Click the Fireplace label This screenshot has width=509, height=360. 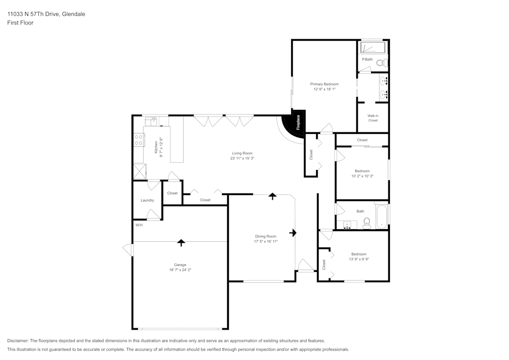298,123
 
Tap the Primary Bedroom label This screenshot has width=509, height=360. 324,84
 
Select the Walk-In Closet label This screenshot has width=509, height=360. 373,118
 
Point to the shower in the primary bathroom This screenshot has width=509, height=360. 373,48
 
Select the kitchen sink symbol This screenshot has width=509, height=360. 151,121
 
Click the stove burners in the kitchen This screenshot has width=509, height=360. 138,140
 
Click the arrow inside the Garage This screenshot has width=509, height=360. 181,242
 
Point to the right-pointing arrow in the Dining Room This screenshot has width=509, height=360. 293,233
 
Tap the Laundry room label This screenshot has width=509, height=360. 147,200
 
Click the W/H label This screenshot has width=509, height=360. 138,225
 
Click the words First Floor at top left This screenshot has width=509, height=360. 20,23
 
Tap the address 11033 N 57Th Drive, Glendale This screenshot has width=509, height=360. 46,14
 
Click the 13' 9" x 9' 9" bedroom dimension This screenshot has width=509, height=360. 358,259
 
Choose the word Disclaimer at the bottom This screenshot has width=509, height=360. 18,340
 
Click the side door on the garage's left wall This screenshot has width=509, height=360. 127,250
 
